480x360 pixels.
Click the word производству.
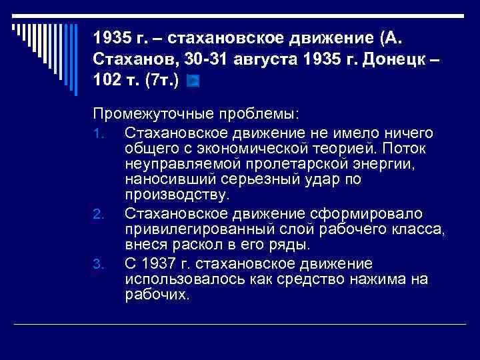pos(177,196)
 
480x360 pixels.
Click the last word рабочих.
pos(157,295)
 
